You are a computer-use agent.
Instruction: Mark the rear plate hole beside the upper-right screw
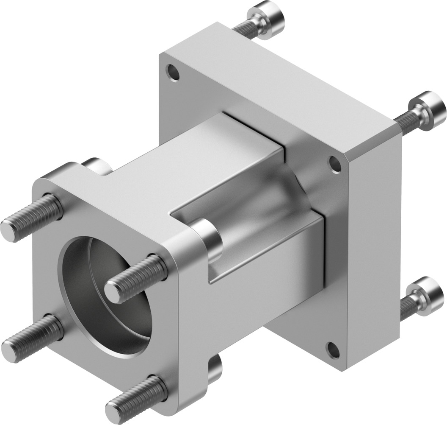pyautogui.click(x=335, y=164)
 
